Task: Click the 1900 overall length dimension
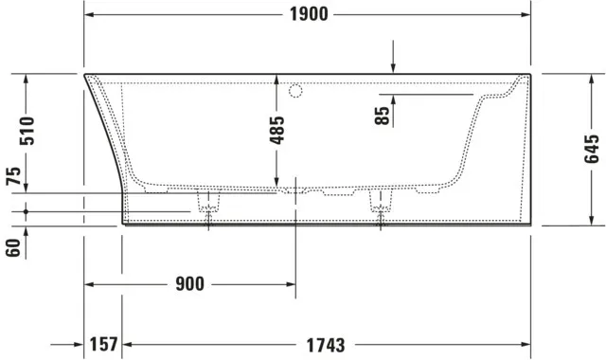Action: pos(309,15)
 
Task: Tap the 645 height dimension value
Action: pos(592,149)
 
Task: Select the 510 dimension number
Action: pos(27,131)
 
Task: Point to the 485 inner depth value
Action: pos(276,131)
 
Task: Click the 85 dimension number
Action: pos(383,116)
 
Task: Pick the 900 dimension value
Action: pos(189,284)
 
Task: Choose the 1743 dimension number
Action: pos(326,345)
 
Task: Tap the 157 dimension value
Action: pos(103,344)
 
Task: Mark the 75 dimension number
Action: pos(13,176)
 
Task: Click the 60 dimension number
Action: pos(13,248)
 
